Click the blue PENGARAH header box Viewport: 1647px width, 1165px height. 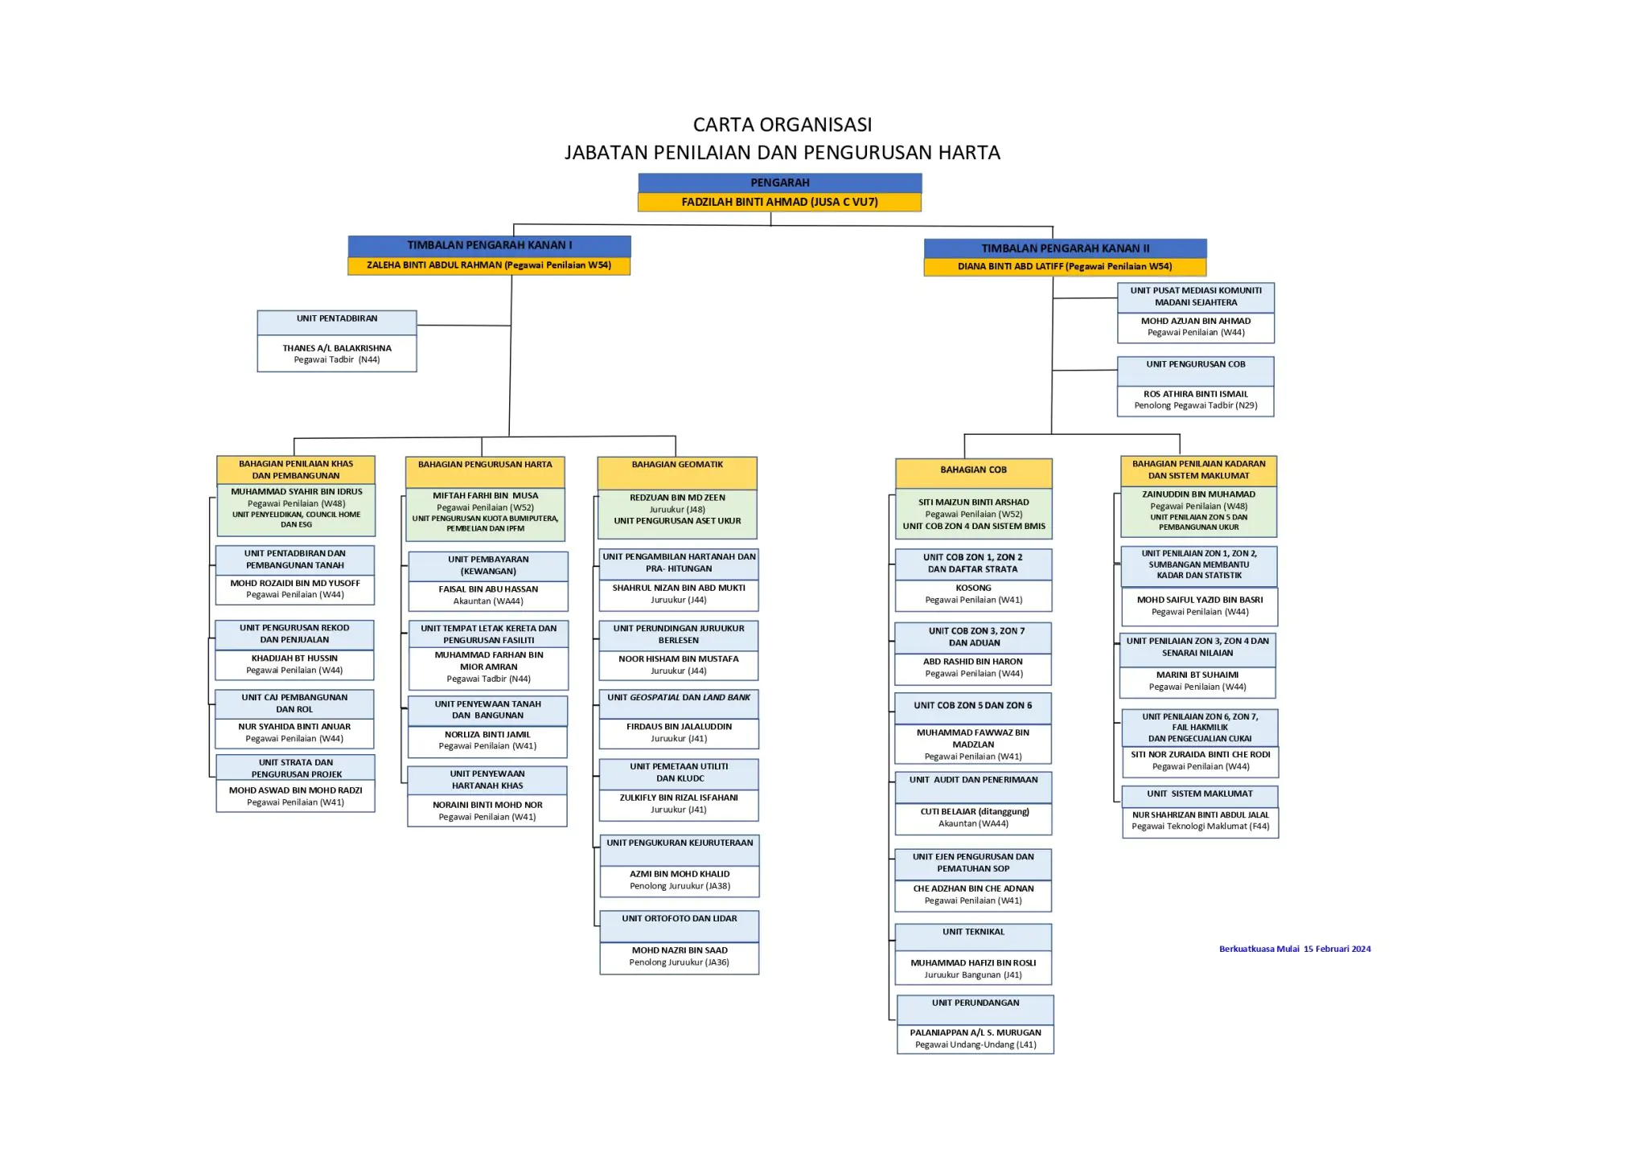779,183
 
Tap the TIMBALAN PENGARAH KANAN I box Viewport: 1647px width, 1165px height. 489,245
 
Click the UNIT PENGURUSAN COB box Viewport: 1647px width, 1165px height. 1195,365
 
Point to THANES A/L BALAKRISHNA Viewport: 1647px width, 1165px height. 337,348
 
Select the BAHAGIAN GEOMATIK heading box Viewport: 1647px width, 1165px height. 676,466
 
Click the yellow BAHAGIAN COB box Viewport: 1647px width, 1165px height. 973,470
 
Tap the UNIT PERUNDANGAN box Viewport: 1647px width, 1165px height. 975,1003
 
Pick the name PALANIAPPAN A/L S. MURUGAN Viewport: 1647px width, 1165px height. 975,1032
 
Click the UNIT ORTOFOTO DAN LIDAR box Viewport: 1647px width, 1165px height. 679,919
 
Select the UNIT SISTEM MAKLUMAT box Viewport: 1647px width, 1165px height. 1199,794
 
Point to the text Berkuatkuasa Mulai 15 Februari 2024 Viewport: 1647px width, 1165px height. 1294,949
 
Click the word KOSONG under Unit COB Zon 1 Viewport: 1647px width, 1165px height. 973,588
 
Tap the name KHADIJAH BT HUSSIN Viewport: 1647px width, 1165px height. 294,658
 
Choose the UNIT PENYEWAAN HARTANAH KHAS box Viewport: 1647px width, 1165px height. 487,780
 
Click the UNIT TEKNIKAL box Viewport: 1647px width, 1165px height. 973,933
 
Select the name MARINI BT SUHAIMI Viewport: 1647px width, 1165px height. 1197,675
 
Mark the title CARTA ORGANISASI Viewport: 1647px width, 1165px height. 782,125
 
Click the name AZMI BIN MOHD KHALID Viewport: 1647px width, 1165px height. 680,874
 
